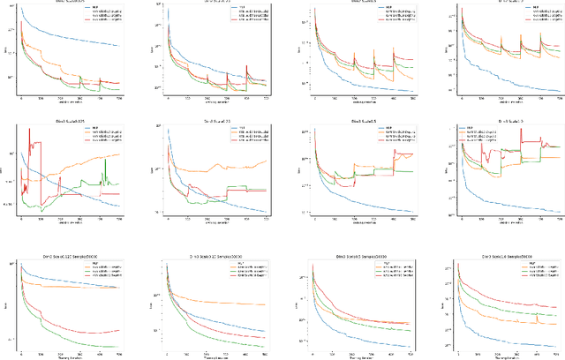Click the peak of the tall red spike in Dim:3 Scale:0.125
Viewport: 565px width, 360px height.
[30, 130]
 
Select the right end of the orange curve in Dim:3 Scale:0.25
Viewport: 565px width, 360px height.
[266, 160]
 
